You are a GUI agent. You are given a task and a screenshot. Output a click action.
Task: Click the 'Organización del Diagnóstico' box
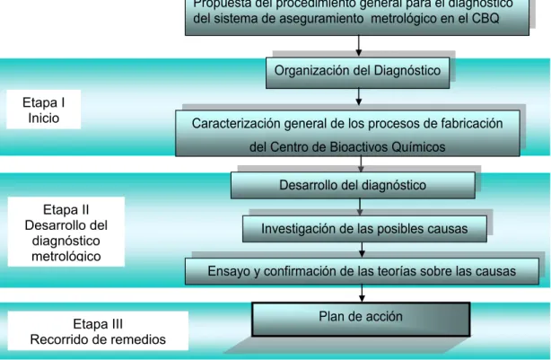358,73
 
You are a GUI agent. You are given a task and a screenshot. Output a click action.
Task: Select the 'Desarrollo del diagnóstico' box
353,185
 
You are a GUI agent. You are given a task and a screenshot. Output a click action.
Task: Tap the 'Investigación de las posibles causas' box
364,229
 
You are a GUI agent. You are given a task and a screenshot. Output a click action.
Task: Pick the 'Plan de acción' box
361,320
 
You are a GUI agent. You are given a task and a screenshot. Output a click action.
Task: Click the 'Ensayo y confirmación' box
362,271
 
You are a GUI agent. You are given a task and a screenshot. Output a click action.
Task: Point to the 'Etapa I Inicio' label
44,110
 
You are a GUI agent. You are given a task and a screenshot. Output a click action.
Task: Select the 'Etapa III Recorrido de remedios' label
98,331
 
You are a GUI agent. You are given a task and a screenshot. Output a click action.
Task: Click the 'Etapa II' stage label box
66,232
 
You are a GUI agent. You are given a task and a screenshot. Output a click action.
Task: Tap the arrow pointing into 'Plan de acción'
362,294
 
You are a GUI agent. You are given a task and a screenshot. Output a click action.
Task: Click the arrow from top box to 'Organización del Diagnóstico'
358,46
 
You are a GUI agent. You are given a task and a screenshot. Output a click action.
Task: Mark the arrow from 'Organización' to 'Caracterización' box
358,97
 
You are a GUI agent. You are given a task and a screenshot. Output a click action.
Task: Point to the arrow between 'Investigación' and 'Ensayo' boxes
362,250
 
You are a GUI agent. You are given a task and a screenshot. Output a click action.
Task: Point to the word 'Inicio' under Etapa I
44,119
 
